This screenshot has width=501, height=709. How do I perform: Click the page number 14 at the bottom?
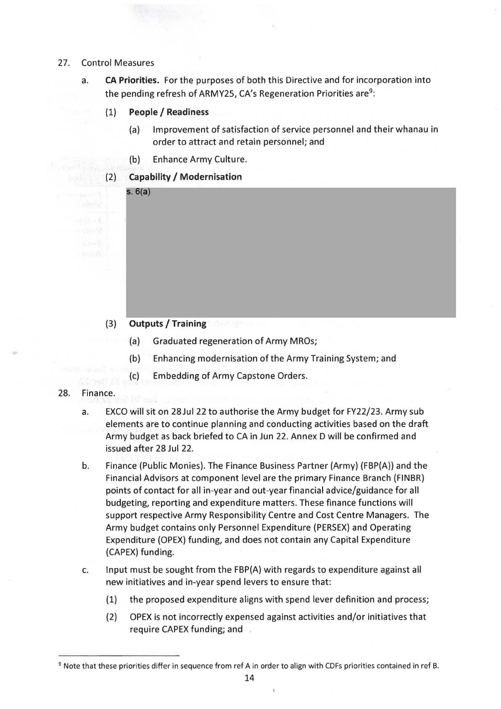coord(249,678)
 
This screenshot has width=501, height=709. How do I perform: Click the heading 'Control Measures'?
coord(118,63)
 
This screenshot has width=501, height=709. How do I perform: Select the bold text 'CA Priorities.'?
coord(132,80)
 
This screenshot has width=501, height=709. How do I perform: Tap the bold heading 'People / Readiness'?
coord(169,112)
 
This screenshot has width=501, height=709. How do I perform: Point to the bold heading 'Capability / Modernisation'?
coord(185,177)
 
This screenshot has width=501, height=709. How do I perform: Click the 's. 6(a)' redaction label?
coord(138,192)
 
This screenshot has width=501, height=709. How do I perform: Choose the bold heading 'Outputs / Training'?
coord(167,324)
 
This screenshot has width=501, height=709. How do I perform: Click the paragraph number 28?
coord(63,393)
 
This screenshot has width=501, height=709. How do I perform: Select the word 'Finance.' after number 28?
coord(98,393)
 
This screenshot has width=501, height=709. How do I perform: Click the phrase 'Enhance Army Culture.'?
coord(200,159)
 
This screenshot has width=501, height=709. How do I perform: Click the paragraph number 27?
coord(63,63)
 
